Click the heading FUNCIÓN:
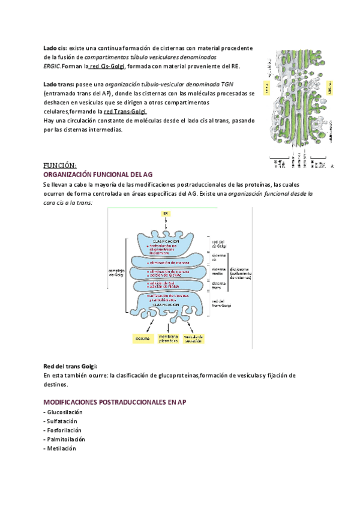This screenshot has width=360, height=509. click(60, 165)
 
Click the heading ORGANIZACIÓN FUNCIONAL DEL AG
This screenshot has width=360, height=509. click(94, 174)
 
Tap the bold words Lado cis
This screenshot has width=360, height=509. click(55, 47)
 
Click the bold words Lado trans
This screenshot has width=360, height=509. click(58, 84)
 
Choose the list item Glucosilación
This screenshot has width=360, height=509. click(64, 412)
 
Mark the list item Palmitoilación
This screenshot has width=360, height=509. click(65, 439)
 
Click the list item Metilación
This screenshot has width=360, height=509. click(61, 448)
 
